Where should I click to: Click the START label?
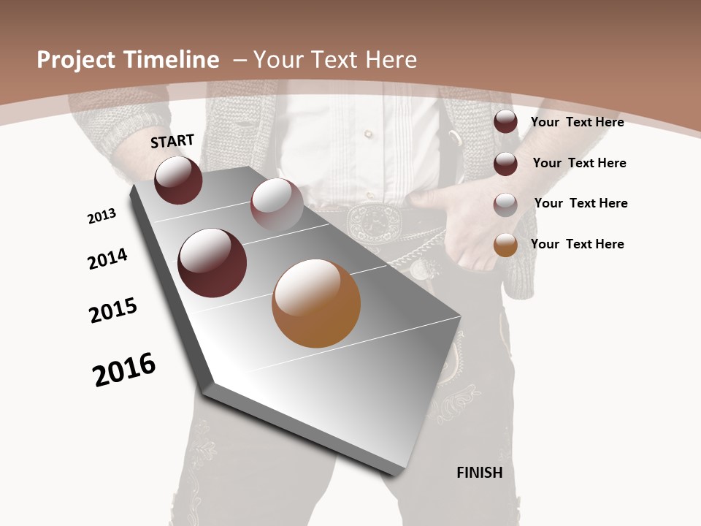coord(172,140)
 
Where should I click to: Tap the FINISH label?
coord(480,473)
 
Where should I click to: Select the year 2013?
coord(101,216)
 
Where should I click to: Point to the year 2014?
coord(107,259)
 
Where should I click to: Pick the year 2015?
coord(113,310)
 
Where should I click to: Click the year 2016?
coord(124,370)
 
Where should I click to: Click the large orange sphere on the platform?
coord(316,303)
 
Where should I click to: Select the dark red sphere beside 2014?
coord(212,263)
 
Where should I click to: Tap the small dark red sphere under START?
coord(178,180)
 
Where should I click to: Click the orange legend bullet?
coord(505,245)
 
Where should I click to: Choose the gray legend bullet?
coord(505,204)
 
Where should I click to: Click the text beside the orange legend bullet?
coord(577,244)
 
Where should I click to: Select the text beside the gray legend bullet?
coord(581,203)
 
